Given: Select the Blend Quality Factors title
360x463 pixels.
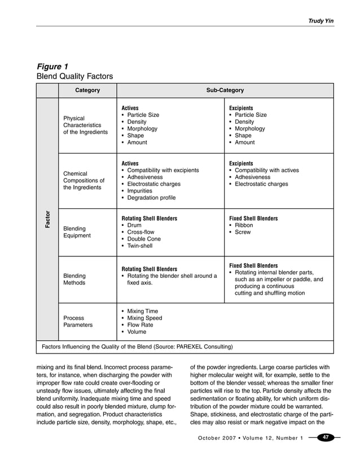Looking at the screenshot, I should pyautogui.click(x=74, y=76).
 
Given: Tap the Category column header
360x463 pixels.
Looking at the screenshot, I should pyautogui.click(x=87, y=90).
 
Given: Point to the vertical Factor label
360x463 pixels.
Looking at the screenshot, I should pyautogui.click(x=48, y=219).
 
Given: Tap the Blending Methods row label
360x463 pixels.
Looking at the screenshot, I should pyautogui.click(x=74, y=279).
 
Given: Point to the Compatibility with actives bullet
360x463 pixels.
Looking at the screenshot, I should pyautogui.click(x=267, y=171).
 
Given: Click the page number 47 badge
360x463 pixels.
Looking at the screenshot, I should pyautogui.click(x=326, y=438).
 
